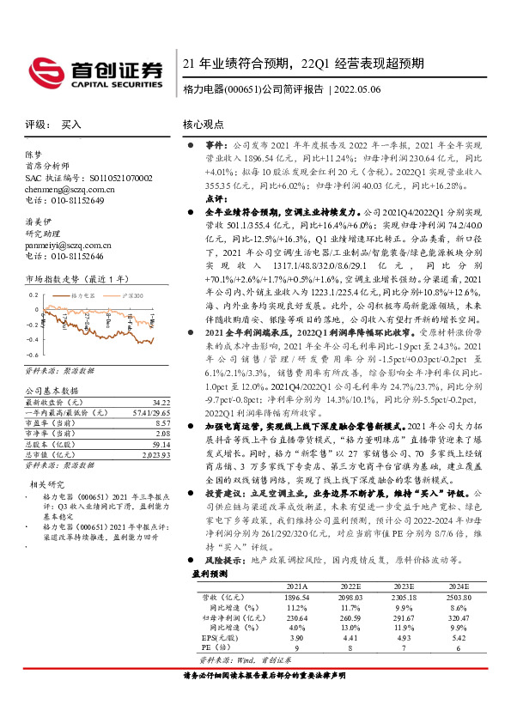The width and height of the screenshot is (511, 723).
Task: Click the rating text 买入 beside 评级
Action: coord(71,125)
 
